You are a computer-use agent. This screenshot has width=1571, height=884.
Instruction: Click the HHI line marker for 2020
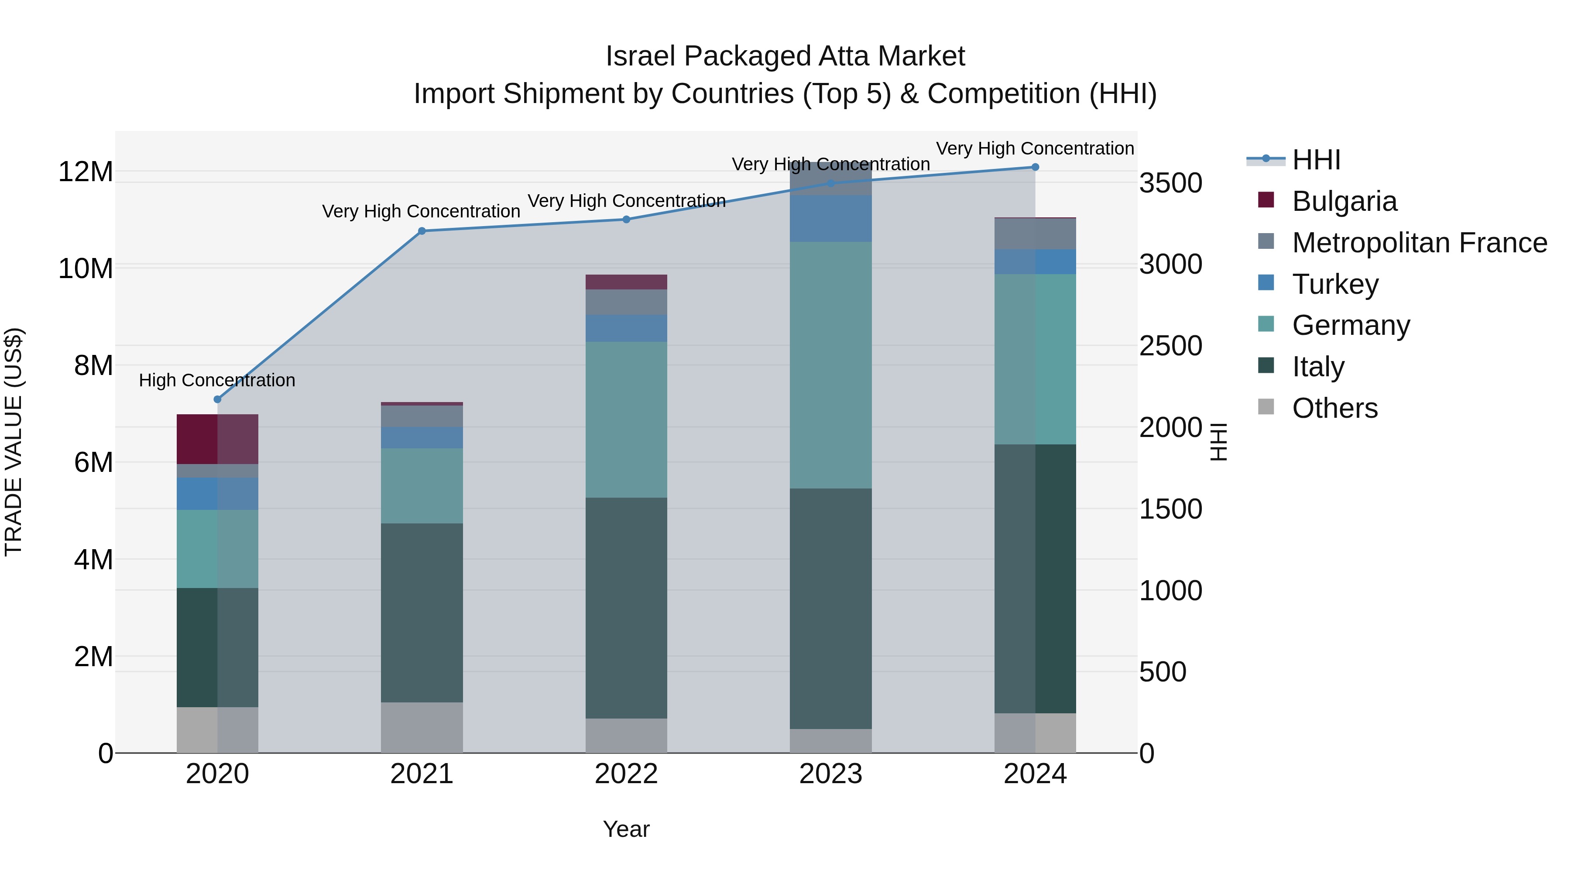[217, 399]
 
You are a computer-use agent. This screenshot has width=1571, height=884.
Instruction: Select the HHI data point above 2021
[422, 230]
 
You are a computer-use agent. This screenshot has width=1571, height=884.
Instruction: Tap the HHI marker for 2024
[1035, 167]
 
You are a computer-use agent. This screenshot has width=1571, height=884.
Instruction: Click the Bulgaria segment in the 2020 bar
[217, 439]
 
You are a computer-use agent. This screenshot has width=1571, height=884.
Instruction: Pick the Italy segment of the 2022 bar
[626, 607]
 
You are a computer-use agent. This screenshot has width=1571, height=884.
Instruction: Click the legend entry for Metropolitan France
[1419, 242]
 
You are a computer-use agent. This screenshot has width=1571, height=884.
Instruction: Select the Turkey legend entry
[1334, 284]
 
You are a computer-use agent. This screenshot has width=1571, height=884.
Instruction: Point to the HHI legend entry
[1315, 160]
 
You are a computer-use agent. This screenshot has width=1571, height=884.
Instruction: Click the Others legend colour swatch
[1266, 406]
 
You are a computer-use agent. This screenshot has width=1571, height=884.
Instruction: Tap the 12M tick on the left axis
[86, 172]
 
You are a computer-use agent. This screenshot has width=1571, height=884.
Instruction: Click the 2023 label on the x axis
[830, 774]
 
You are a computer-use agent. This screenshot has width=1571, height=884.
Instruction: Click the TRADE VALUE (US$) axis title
[14, 442]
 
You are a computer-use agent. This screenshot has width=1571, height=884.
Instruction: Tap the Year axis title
[626, 829]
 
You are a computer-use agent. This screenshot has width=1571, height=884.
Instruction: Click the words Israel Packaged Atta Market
[785, 56]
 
